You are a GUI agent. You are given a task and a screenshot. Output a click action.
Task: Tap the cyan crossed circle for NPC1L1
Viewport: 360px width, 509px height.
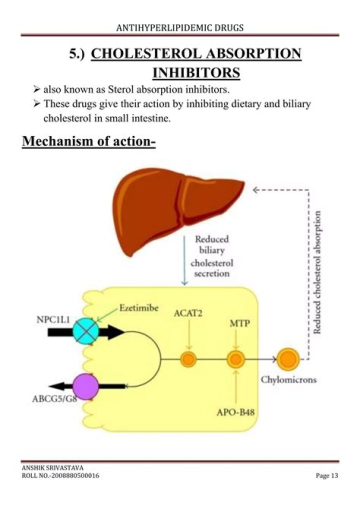87,331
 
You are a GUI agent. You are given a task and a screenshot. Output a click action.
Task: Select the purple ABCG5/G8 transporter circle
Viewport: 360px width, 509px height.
86,386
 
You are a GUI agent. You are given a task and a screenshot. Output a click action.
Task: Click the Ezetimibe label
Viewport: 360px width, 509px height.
139,308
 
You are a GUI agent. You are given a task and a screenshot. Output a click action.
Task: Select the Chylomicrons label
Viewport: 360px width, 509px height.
288,379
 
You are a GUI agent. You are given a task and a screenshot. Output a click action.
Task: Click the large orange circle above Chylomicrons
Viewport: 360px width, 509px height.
287,358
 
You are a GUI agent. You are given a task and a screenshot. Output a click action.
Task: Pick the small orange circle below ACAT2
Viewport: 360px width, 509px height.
188,359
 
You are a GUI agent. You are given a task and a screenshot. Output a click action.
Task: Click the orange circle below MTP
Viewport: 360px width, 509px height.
235,359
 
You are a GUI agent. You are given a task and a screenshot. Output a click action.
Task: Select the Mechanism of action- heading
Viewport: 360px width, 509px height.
89,141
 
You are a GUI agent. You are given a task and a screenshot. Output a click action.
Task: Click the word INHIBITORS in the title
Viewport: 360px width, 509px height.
195,73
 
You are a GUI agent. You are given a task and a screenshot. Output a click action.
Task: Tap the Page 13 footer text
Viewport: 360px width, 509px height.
327,475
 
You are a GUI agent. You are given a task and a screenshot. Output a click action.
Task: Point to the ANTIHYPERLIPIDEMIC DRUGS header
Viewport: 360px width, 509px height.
180,27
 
